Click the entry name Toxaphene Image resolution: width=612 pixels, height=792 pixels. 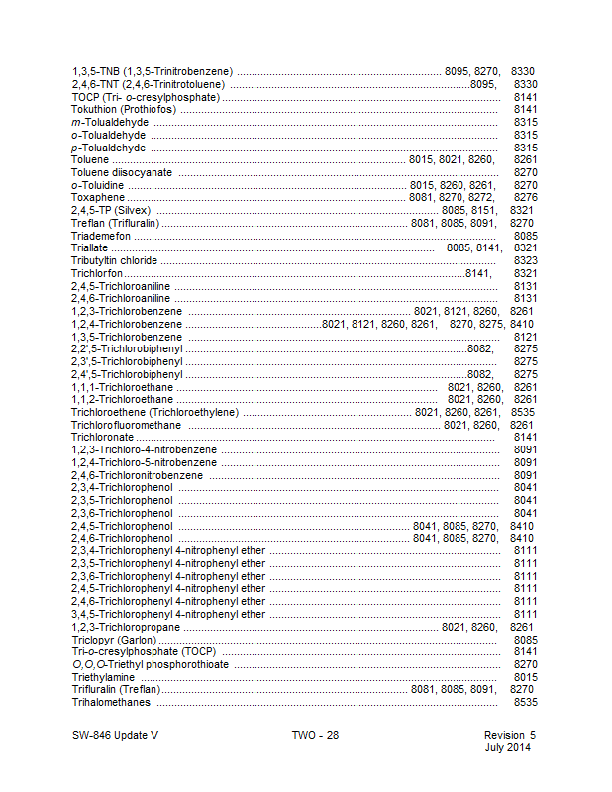point(96,197)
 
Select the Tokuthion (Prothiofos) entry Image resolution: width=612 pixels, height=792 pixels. point(118,109)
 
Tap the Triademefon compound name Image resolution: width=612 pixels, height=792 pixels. point(101,236)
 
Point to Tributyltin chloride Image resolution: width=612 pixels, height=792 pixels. point(114,260)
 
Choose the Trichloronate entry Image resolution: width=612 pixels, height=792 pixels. point(102,437)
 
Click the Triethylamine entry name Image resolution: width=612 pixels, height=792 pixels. point(103,677)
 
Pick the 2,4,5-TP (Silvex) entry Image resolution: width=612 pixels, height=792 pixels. point(112,210)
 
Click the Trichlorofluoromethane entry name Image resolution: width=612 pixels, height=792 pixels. point(127,424)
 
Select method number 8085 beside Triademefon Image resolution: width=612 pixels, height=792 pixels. point(525,236)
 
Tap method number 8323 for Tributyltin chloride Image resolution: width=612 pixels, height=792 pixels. point(525,260)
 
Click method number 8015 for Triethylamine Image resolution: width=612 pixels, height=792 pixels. point(525,677)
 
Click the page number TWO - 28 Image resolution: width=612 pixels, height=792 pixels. point(315,735)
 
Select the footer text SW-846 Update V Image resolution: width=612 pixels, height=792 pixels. point(114,735)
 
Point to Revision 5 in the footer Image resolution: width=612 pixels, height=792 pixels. point(509,735)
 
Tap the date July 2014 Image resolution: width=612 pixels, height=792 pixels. point(507,747)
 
